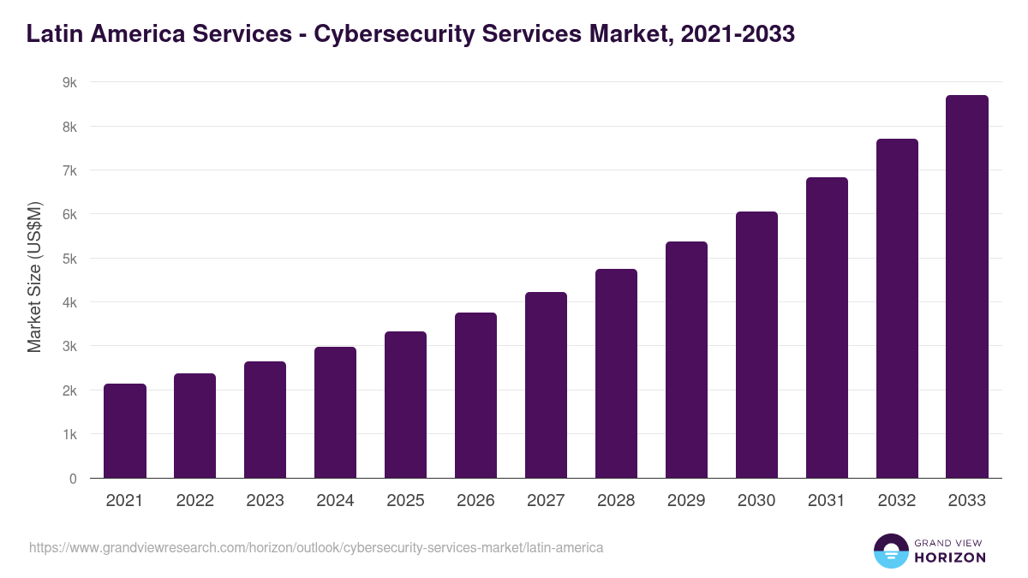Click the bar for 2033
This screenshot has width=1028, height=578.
[x=967, y=287]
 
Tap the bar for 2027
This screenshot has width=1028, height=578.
[x=546, y=385]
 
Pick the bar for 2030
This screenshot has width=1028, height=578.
[x=756, y=345]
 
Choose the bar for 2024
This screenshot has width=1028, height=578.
[x=335, y=413]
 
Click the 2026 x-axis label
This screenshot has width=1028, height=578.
[x=475, y=501]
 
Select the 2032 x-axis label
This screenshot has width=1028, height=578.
[x=897, y=501]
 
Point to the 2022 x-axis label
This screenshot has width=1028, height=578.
[x=194, y=501]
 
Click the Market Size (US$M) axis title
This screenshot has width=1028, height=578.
[x=34, y=277]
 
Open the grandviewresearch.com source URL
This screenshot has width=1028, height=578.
[x=316, y=547]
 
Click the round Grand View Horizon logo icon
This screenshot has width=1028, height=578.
[x=890, y=551]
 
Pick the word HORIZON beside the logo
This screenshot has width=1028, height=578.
[x=950, y=557]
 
